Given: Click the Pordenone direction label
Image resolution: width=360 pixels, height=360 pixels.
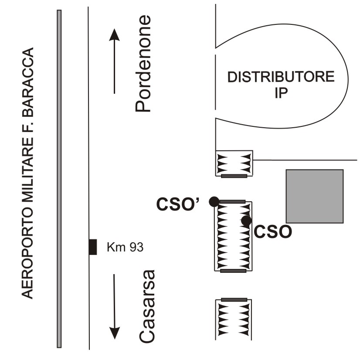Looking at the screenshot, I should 143,64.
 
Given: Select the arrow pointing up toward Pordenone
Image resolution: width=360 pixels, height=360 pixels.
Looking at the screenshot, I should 114,61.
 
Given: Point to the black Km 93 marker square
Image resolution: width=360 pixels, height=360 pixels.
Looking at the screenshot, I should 92,247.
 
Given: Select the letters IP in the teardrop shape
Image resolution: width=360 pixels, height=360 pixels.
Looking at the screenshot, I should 281,93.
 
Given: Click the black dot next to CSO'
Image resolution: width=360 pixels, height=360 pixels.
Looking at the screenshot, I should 214,201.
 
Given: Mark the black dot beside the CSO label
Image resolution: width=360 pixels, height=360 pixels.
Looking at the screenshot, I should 246,221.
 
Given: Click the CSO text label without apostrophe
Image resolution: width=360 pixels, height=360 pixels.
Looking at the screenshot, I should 272,231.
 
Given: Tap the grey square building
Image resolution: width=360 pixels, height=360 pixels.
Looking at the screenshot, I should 314,196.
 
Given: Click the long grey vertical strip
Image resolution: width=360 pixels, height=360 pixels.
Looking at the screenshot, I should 59,179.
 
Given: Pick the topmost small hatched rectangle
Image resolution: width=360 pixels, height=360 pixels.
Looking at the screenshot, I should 234,163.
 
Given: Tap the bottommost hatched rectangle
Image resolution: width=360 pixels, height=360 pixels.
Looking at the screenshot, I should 234,318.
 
